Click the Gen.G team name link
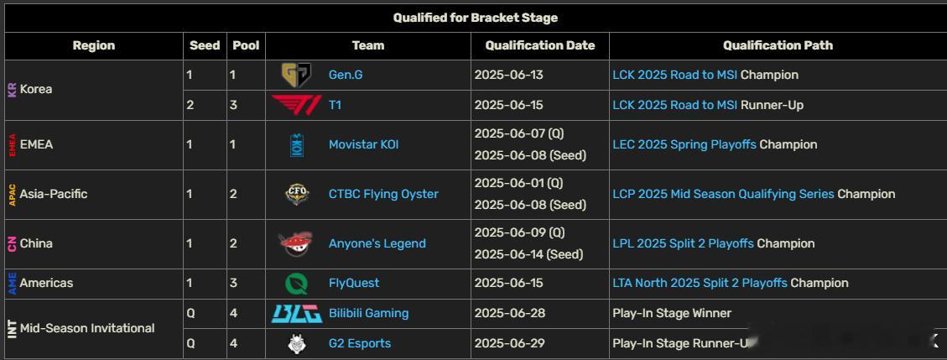click(x=346, y=75)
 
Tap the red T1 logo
click(x=296, y=105)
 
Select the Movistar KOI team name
click(x=363, y=145)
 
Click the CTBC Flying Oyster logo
click(x=297, y=194)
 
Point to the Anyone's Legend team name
click(x=377, y=243)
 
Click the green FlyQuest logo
click(x=297, y=284)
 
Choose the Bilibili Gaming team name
click(x=368, y=314)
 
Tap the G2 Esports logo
click(x=297, y=344)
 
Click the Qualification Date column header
click(x=540, y=45)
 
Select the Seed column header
click(x=205, y=45)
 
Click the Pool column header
click(x=246, y=45)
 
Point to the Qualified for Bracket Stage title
click(x=476, y=18)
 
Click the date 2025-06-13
click(x=508, y=75)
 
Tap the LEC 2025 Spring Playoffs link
click(x=684, y=145)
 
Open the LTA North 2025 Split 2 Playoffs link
click(x=700, y=284)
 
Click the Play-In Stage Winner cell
click(x=672, y=314)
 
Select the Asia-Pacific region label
click(x=54, y=194)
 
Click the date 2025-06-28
click(x=509, y=314)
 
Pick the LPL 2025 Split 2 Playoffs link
click(x=683, y=243)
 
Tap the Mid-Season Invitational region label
click(x=87, y=329)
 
